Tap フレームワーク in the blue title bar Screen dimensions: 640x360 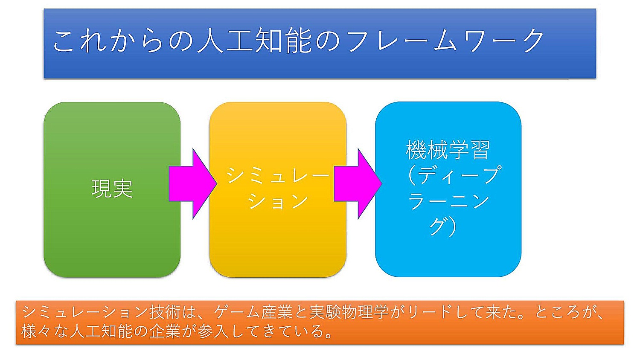pos(446,40)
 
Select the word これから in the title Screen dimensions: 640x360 pos(109,40)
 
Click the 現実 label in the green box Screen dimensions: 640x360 pos(112,189)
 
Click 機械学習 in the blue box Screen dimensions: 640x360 pos(448,150)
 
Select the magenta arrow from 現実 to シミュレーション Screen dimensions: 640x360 pos(192,184)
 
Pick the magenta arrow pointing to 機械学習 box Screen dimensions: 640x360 pos(358,184)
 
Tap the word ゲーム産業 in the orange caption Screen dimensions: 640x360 pos(253,313)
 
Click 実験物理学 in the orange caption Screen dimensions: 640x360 pos(349,313)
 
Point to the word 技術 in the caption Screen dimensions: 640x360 pos(166,313)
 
